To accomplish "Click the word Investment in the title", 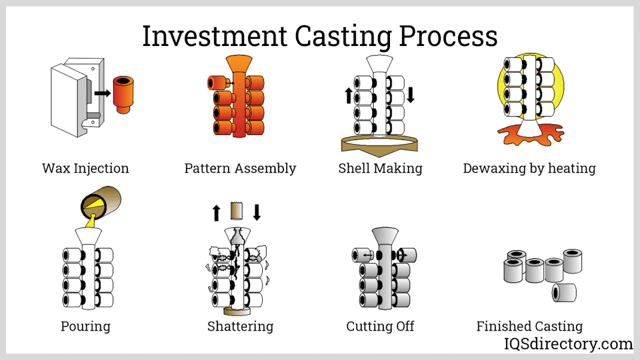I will coord(214,36).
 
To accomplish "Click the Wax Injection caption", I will coord(85,168).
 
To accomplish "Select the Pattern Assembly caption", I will coord(240,168).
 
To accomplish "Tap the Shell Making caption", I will coord(380,168).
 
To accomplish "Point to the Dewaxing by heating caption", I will coord(529,168).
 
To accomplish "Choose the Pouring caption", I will coord(85,327).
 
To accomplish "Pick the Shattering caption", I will coord(240,327).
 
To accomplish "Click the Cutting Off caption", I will coord(380,327).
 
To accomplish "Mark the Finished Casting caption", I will coord(529,327).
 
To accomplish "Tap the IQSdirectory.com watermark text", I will coord(568,344).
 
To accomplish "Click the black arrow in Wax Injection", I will coord(102,93).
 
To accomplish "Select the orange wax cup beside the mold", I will coord(124,94).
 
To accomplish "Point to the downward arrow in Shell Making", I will coord(411,95).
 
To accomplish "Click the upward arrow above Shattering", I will coord(216,212).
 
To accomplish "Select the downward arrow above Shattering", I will coord(257,212).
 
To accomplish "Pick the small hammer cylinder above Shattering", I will coord(236,211).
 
